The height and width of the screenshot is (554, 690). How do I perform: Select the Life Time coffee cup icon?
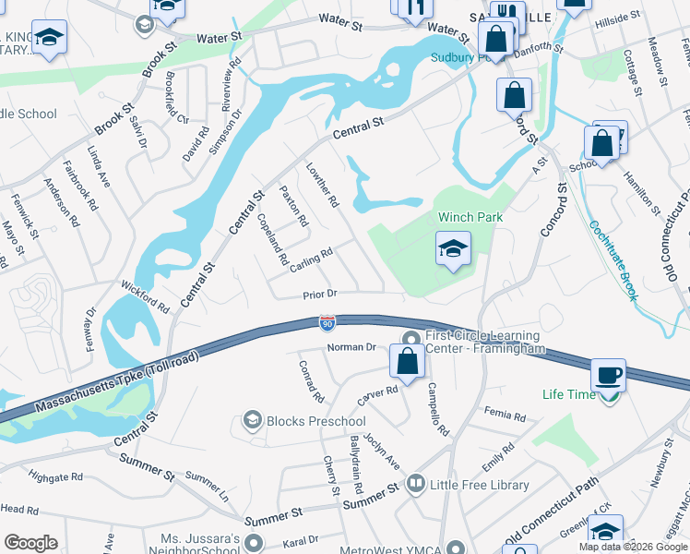tap(608, 376)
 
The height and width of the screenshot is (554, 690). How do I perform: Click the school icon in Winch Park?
tap(453, 248)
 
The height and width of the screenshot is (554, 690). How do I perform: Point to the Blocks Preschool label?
tap(315, 422)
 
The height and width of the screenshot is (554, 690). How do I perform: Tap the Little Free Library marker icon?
tap(416, 484)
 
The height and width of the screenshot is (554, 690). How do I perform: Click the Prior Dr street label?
tap(322, 295)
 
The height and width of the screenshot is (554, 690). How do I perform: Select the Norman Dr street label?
tap(352, 347)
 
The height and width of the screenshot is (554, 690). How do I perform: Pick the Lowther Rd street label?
tap(324, 186)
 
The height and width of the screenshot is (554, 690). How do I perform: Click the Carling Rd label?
tap(310, 259)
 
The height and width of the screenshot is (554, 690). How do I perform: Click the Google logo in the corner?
tap(30, 543)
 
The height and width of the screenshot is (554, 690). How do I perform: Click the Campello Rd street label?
tap(436, 410)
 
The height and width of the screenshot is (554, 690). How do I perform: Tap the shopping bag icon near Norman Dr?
tap(407, 361)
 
